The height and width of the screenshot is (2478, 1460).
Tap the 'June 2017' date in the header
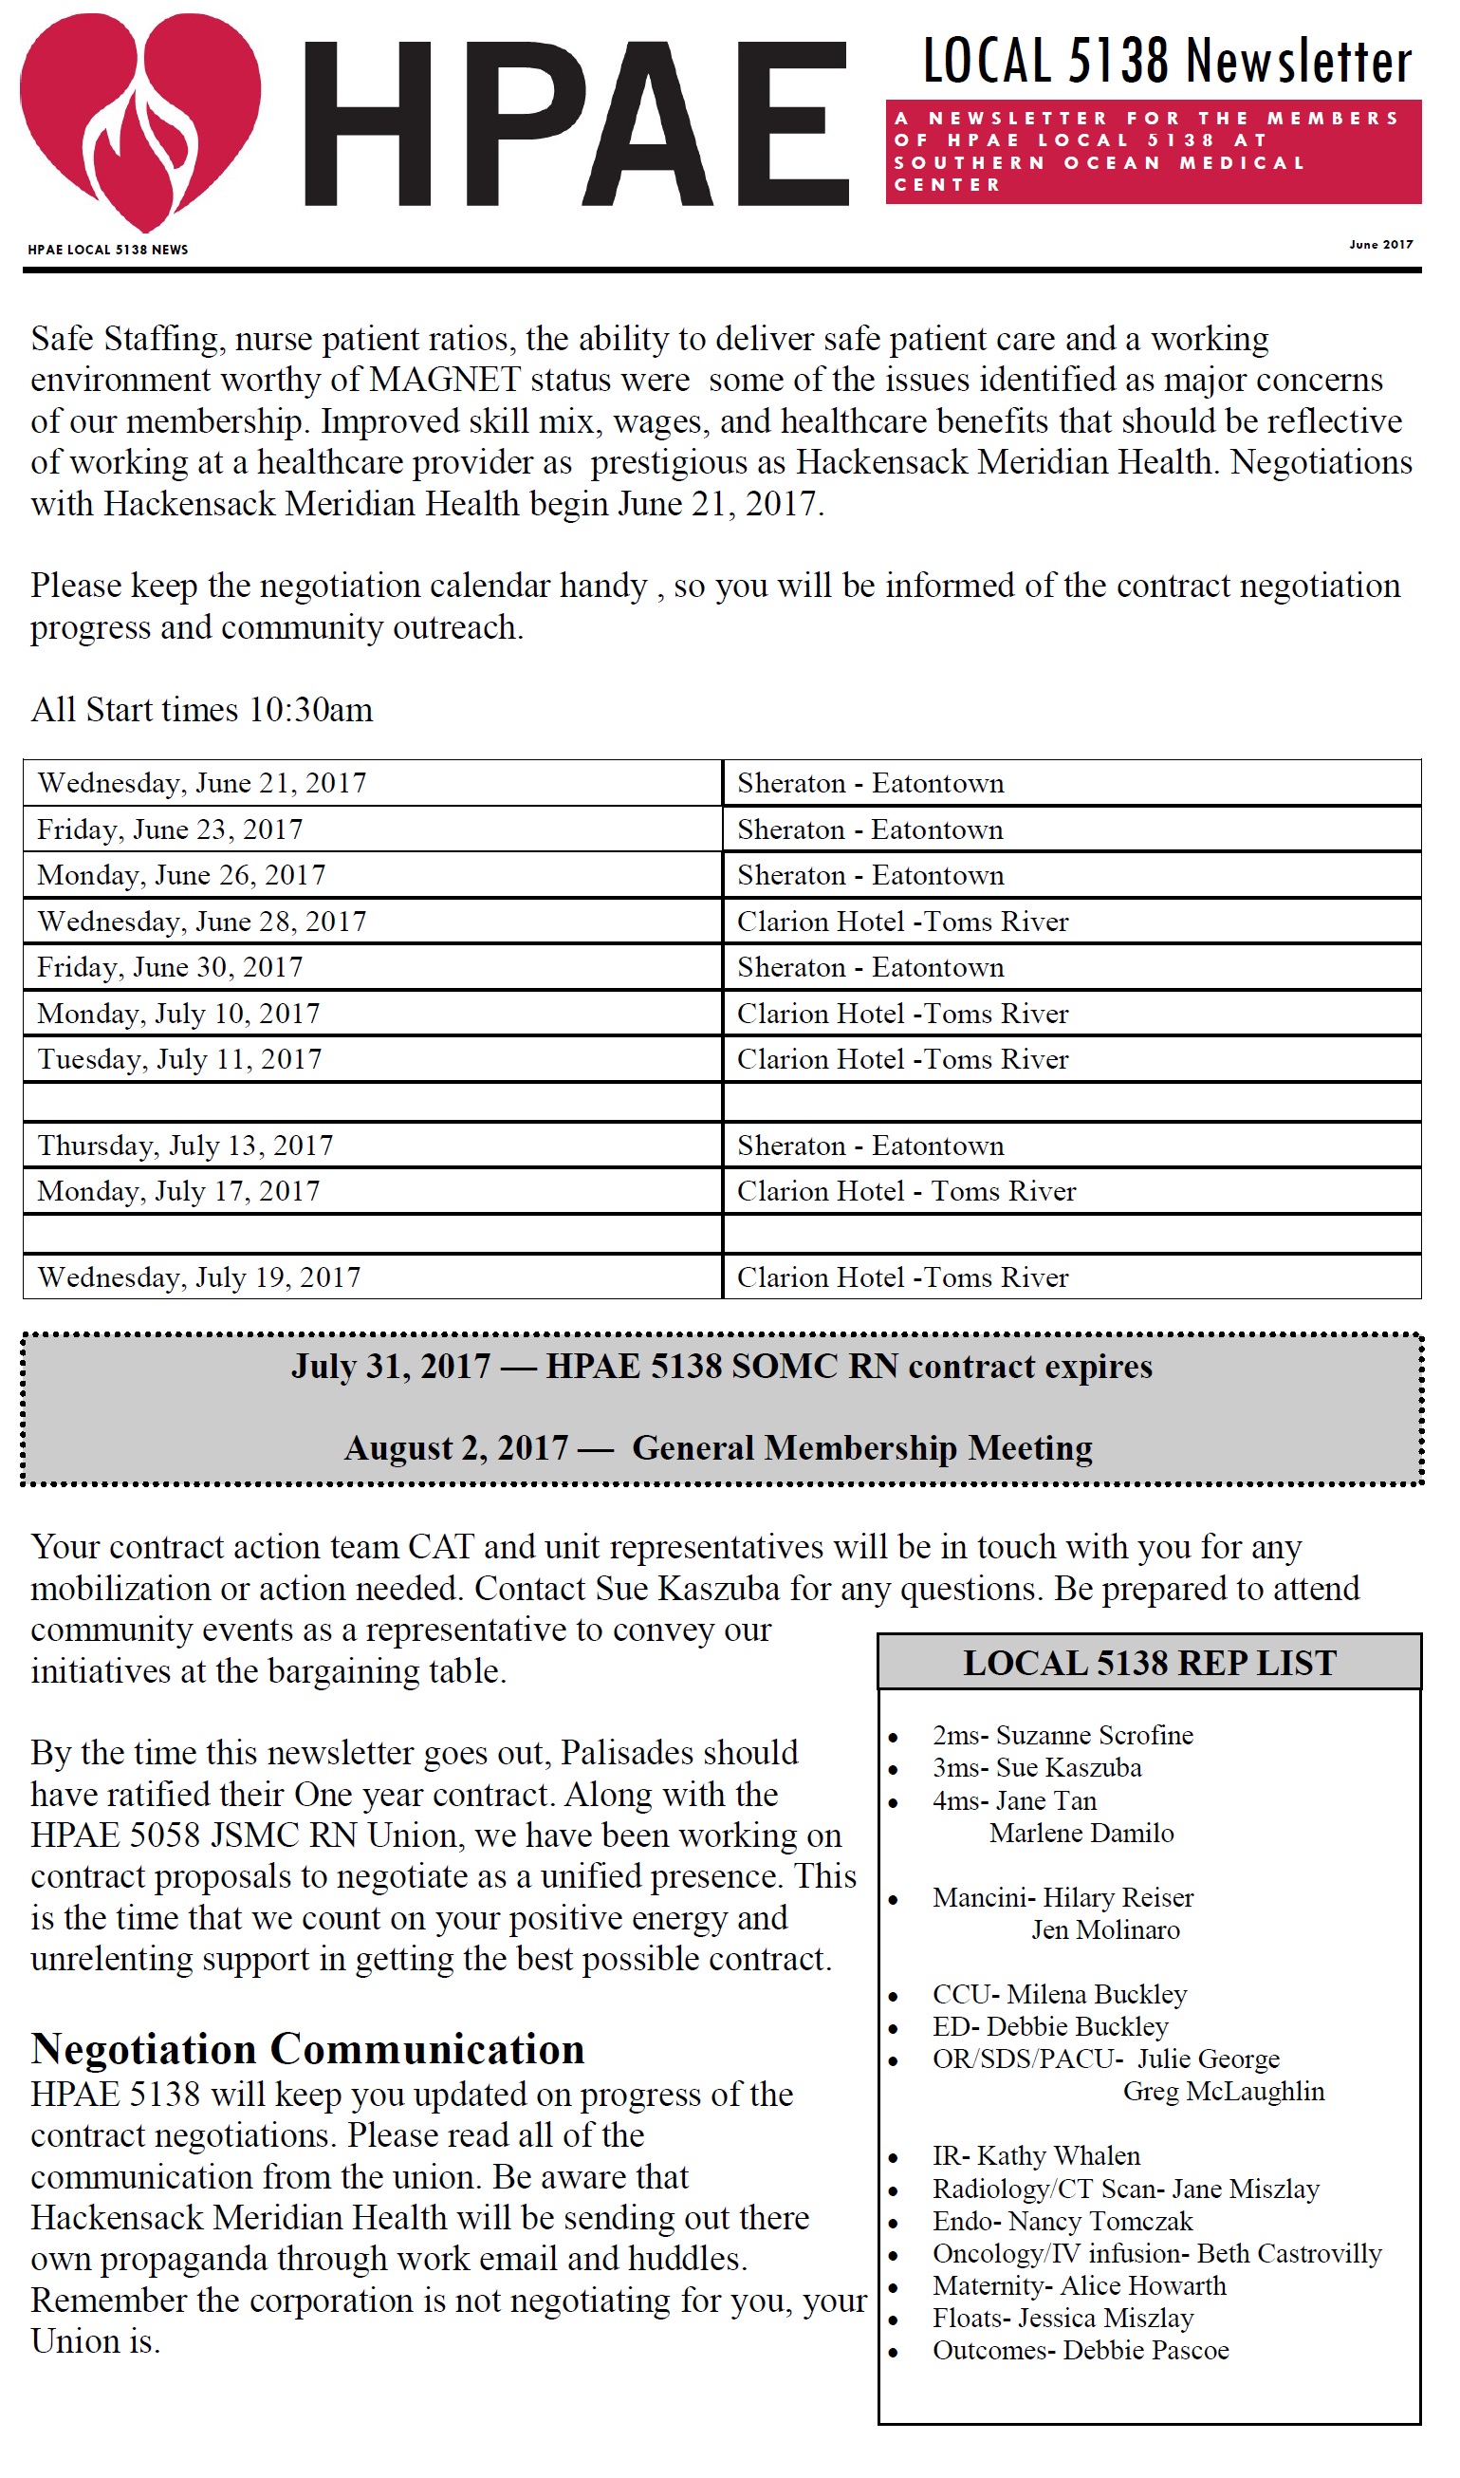point(1380,244)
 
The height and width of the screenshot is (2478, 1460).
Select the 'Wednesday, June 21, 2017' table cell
point(202,783)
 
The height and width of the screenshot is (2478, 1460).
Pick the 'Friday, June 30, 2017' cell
point(170,967)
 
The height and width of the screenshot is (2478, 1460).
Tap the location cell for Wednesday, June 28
point(902,922)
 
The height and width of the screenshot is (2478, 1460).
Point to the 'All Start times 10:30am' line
point(202,710)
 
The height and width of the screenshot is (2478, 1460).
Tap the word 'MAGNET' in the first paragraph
point(445,380)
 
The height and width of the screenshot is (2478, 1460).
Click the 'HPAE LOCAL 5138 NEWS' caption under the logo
point(107,250)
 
